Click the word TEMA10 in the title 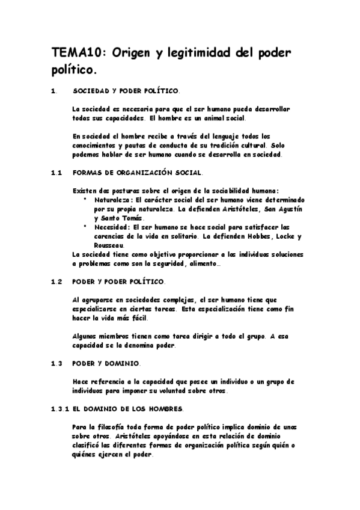point(71,54)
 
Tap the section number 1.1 point(57,173)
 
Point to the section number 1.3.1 point(61,409)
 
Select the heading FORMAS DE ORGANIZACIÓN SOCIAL point(137,173)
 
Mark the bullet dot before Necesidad point(85,227)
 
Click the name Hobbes point(257,236)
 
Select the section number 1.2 point(57,281)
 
